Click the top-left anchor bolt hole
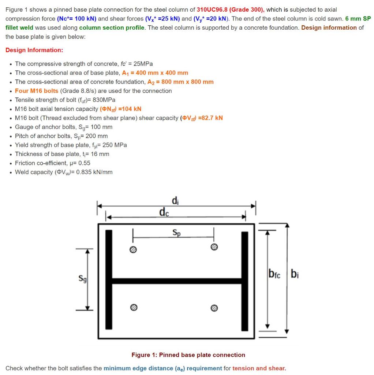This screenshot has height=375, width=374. (133, 249)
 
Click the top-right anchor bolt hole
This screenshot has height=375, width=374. (214, 248)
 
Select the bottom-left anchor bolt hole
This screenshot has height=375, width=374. (134, 307)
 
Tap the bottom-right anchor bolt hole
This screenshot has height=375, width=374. (215, 307)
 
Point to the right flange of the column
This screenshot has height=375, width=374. (245, 280)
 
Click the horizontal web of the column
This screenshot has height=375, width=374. (177, 281)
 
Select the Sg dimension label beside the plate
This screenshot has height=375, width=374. (83, 279)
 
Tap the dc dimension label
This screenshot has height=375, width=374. (164, 212)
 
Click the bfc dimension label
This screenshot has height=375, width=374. (274, 274)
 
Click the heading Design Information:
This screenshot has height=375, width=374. (34, 50)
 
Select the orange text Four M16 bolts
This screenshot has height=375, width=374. (37, 91)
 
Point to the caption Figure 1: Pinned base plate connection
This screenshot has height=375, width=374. (188, 355)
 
